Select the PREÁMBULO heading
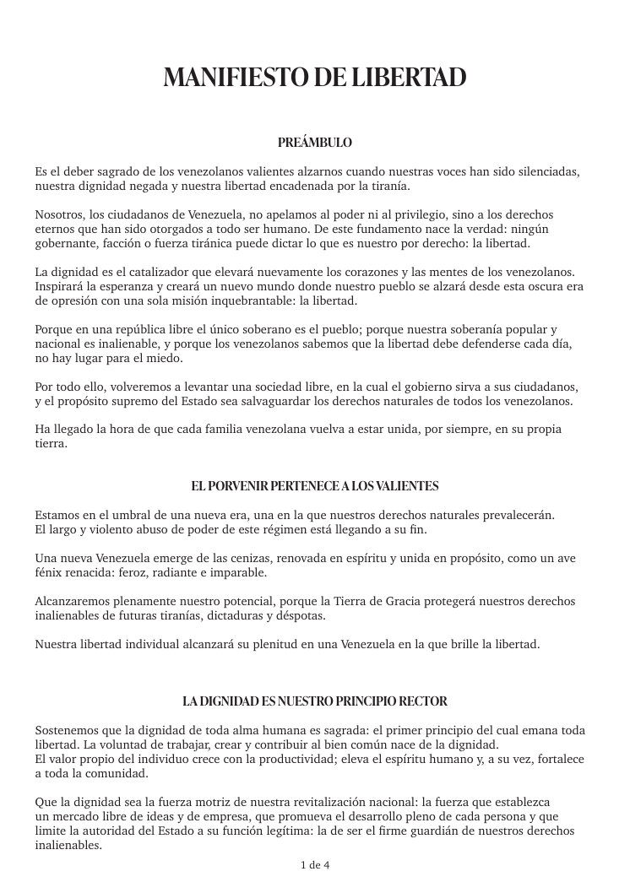click(x=315, y=143)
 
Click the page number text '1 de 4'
click(x=315, y=865)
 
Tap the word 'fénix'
click(x=50, y=572)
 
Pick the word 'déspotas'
click(x=297, y=615)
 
